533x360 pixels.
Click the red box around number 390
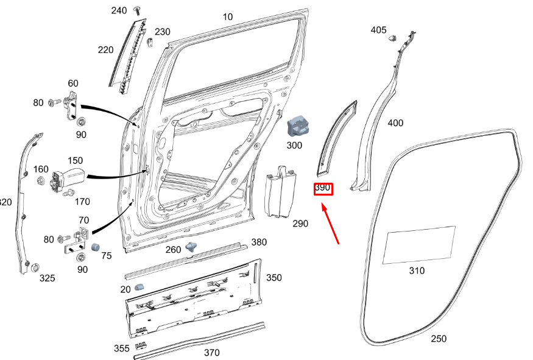323,189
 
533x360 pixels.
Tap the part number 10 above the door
227,17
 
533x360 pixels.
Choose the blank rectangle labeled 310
419,245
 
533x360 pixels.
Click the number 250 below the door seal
438,339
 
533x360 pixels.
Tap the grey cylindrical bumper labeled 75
95,247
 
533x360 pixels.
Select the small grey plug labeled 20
139,287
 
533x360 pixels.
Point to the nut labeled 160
40,180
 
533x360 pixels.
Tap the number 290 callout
300,224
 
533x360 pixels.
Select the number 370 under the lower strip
211,353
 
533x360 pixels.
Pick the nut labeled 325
35,267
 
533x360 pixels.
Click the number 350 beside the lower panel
274,278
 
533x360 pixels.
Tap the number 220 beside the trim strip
105,50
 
